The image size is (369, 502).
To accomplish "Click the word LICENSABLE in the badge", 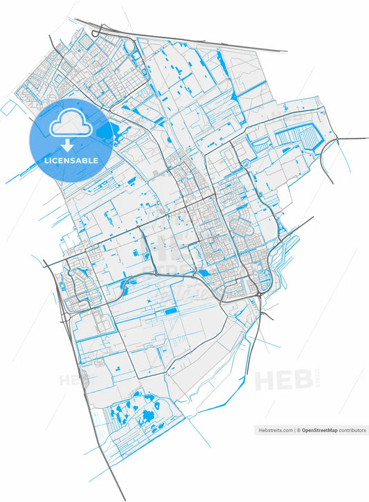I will click(x=71, y=160).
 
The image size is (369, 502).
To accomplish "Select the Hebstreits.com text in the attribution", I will click(x=275, y=430).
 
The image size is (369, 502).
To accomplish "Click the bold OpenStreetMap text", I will click(x=319, y=430).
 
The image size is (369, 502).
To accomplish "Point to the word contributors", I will click(x=352, y=430).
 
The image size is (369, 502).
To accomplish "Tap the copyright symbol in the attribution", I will click(x=299, y=430).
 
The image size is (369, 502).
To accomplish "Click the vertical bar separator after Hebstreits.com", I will click(x=295, y=430).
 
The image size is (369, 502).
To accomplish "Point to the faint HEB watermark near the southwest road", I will click(x=73, y=380).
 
